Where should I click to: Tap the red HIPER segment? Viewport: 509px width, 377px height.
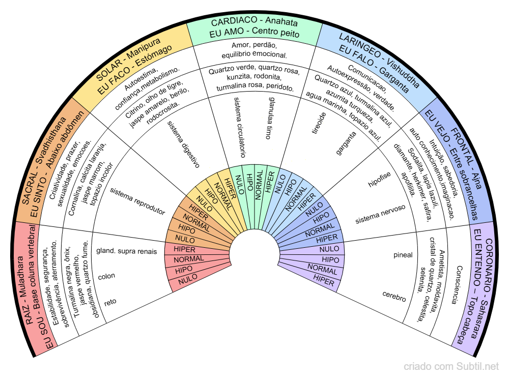185,249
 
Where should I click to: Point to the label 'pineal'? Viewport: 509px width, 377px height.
403,255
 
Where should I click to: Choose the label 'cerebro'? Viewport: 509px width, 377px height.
394,296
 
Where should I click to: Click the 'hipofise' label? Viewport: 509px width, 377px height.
380,181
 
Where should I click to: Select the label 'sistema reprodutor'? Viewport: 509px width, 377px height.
137,201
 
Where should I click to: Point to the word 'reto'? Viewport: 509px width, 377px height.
110,302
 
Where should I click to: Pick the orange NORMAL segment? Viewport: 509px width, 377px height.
189,220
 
